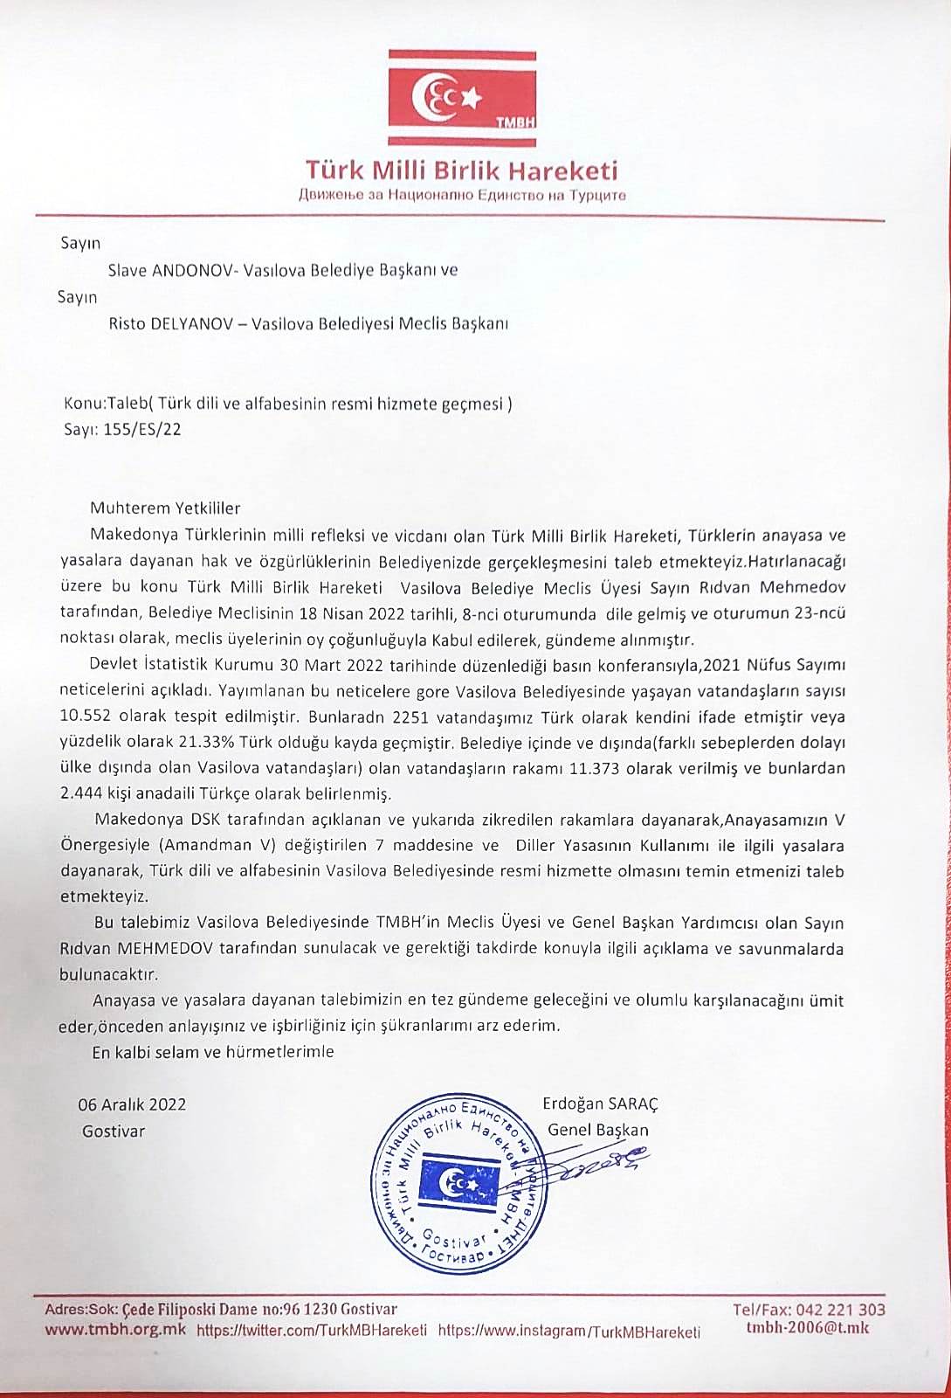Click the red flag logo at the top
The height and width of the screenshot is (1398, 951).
(x=464, y=97)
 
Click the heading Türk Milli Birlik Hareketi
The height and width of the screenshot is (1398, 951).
(x=461, y=169)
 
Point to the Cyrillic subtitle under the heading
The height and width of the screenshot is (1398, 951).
(x=461, y=195)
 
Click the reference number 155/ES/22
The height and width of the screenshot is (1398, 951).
(x=143, y=429)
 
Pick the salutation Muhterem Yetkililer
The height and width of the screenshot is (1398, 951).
(x=165, y=508)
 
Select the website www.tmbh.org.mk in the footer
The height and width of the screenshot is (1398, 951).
(x=115, y=1331)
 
